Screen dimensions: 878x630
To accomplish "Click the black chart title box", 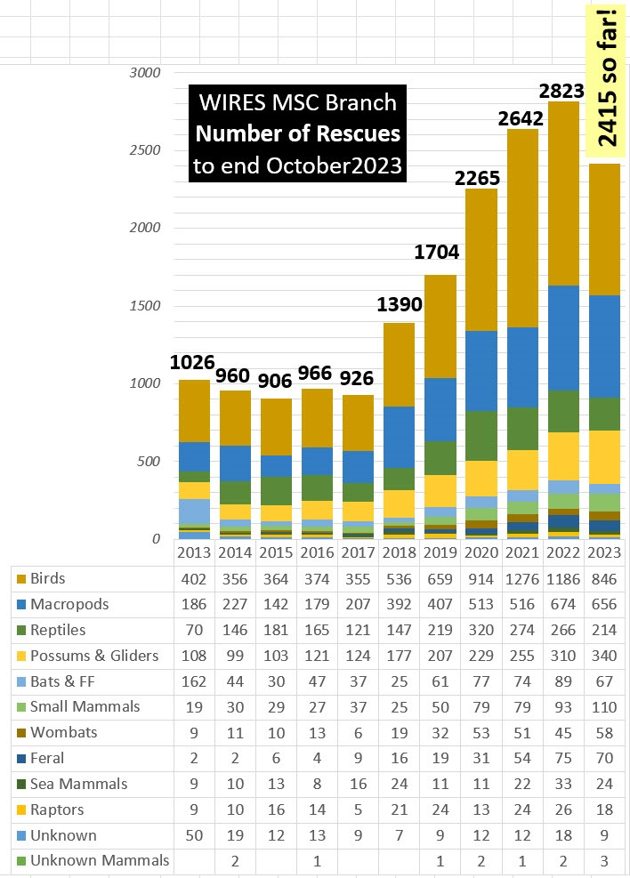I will [296, 134].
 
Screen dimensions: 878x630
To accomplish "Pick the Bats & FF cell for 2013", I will [193, 681].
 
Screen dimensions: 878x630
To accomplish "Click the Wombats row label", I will [63, 732].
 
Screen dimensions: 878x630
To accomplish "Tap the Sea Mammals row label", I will [78, 784].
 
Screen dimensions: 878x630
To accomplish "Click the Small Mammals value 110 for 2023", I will [605, 706].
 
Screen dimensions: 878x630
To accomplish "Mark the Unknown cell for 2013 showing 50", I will [193, 835].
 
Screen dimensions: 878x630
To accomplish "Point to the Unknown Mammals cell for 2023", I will [605, 861].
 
